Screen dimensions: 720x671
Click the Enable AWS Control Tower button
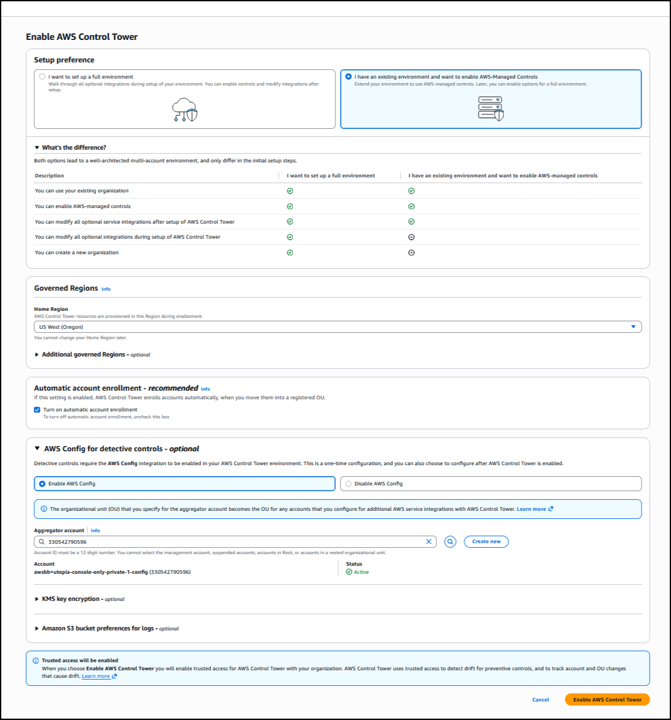(x=607, y=699)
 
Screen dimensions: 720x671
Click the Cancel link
(x=540, y=699)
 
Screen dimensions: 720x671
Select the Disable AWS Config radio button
(x=349, y=484)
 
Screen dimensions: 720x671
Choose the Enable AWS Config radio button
(x=42, y=484)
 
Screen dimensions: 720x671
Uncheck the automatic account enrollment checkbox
(x=37, y=410)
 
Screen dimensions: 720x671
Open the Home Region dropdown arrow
(x=633, y=327)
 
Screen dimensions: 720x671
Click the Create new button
(x=486, y=541)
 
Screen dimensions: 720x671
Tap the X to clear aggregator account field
(x=429, y=541)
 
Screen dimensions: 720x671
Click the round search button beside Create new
(x=450, y=541)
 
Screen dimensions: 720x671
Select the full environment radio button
(x=42, y=76)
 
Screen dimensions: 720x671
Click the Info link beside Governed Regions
(x=106, y=289)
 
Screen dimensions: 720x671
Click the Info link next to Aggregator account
(x=95, y=530)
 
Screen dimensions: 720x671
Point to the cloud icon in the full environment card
(x=185, y=109)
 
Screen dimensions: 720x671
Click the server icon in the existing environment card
(x=491, y=108)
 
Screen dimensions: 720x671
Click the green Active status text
(x=361, y=572)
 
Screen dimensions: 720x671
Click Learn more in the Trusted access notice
(x=96, y=676)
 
